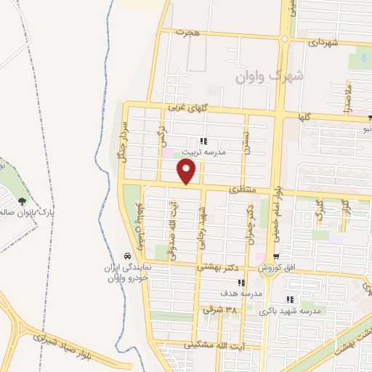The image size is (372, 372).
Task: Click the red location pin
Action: [x=187, y=172]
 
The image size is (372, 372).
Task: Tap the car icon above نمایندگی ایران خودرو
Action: [x=127, y=256]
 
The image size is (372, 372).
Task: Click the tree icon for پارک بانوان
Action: [x=23, y=201]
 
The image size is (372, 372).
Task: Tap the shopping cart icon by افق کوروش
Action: [x=275, y=256]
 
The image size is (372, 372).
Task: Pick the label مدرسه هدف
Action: [x=240, y=294]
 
